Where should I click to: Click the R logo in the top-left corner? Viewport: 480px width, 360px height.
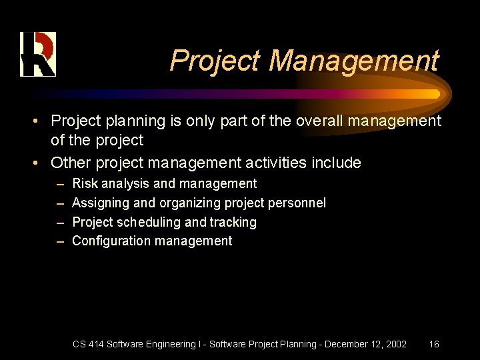(x=37, y=54)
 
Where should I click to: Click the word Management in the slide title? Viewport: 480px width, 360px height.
(x=353, y=61)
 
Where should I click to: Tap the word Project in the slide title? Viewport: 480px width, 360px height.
(x=215, y=61)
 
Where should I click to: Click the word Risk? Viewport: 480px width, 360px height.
(x=85, y=183)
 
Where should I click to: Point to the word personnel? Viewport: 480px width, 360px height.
(x=297, y=203)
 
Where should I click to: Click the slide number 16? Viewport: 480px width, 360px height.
(x=433, y=344)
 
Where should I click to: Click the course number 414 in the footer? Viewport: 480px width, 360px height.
(x=95, y=344)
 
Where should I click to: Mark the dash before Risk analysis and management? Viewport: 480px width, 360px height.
(x=60, y=183)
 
